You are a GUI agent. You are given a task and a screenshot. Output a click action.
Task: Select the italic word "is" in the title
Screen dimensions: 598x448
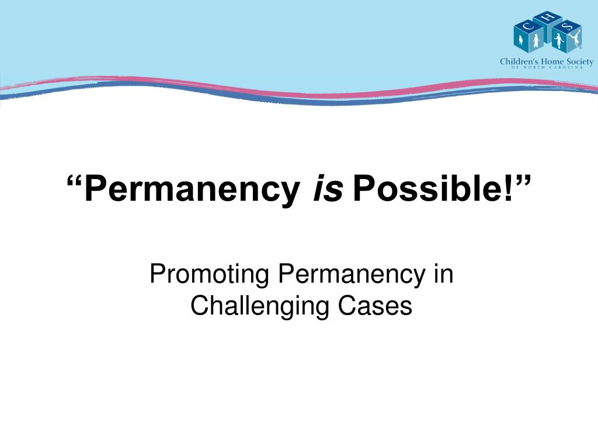(328, 187)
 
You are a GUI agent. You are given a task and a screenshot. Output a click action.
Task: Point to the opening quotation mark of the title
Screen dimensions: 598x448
(75, 181)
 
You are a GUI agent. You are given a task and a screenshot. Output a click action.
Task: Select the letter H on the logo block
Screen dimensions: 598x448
(547, 17)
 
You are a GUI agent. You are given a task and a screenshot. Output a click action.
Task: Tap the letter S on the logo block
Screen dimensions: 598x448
(567, 26)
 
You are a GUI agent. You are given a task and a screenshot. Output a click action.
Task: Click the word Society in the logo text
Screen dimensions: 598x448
(580, 62)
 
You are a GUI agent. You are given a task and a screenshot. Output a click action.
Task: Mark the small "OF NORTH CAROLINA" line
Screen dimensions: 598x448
(547, 68)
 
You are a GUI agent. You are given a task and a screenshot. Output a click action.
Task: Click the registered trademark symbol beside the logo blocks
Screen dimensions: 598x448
(581, 48)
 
